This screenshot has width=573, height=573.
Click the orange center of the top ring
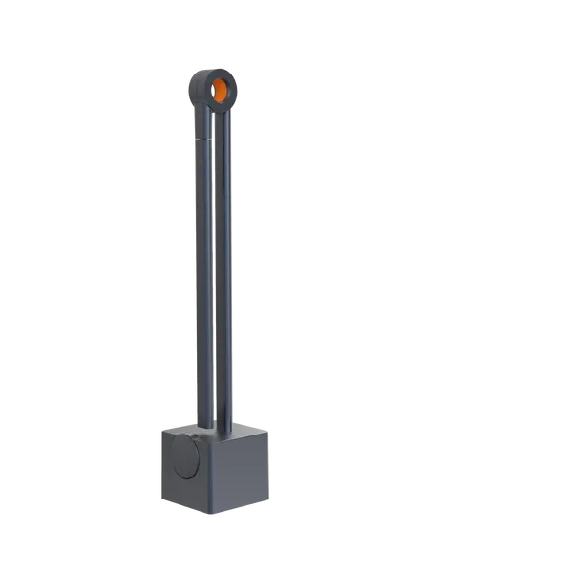(x=220, y=90)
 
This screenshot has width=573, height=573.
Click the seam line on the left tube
(x=203, y=141)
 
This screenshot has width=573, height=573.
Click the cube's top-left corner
(x=154, y=431)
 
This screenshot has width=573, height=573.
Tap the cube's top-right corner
(x=273, y=428)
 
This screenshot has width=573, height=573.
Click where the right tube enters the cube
(x=227, y=427)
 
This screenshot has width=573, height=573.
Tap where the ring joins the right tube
(x=229, y=111)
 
